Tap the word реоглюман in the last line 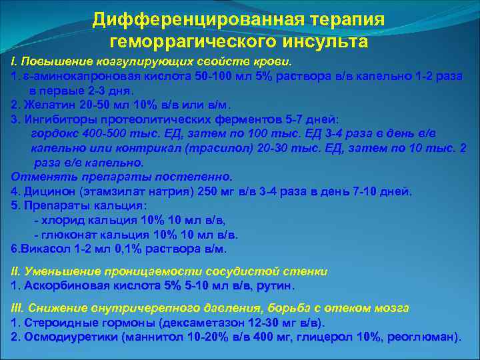pyautogui.click(x=425, y=337)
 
